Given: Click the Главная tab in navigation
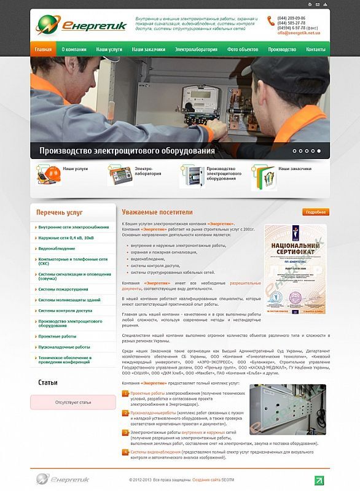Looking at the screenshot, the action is (43, 49).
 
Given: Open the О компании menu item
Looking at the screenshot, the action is (74, 49).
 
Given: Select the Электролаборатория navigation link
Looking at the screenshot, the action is (195, 49).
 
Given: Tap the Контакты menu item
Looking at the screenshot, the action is (315, 49).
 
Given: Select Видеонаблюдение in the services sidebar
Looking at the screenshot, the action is (57, 250).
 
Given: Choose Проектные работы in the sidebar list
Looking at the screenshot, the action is (57, 336).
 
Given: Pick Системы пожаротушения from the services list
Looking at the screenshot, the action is (63, 289).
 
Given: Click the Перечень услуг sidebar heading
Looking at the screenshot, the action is (60, 212).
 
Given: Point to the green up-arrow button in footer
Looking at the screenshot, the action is (319, 480).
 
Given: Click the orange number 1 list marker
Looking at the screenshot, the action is (125, 392).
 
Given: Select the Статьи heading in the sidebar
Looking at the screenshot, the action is (48, 383).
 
